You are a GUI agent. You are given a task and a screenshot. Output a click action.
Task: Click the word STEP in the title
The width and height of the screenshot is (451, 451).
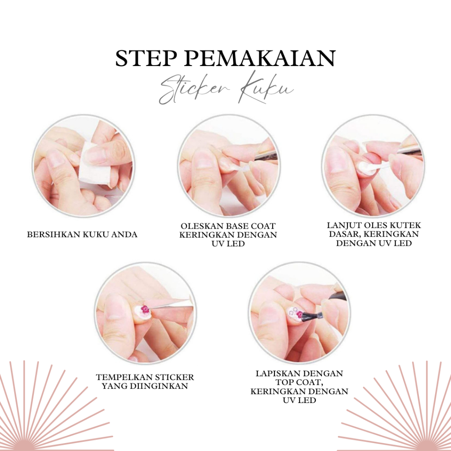pyautogui.click(x=146, y=59)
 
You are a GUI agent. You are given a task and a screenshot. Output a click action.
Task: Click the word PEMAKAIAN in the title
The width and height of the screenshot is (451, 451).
pyautogui.click(x=260, y=59)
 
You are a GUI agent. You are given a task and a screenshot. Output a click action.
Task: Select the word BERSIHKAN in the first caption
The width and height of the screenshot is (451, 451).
pyautogui.click(x=53, y=235)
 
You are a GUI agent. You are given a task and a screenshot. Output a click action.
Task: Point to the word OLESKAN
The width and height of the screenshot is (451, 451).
pyautogui.click(x=201, y=226)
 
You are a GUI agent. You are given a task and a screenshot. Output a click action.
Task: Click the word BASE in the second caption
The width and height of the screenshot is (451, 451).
pyautogui.click(x=237, y=226)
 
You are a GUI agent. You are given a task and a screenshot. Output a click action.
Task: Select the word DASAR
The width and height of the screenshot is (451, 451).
pyautogui.click(x=344, y=234)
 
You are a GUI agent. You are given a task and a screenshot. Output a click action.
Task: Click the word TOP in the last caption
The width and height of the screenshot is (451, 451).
pyautogui.click(x=285, y=382)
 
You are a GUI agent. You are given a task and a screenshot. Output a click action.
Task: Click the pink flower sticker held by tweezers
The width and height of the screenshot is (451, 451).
pyautogui.click(x=145, y=309)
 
